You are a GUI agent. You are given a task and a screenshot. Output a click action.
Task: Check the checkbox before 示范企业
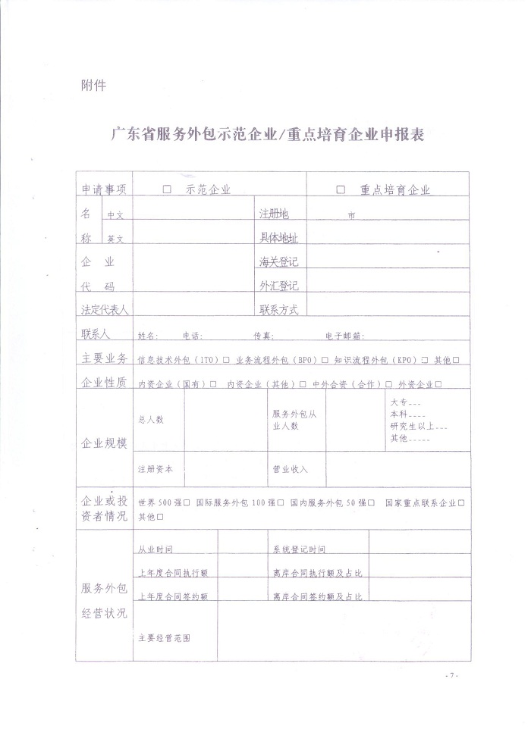pos(167,190)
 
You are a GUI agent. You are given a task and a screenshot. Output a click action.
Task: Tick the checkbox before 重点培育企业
pos(341,190)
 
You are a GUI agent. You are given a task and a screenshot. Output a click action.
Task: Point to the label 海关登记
pos(278,262)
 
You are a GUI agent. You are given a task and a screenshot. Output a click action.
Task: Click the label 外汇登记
pos(278,286)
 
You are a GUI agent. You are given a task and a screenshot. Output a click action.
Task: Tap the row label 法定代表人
pos(105,309)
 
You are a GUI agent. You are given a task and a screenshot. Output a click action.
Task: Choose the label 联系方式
pos(278,309)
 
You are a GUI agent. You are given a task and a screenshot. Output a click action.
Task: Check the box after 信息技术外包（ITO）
pos(226,360)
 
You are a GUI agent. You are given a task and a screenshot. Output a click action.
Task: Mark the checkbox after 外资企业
pos(439,384)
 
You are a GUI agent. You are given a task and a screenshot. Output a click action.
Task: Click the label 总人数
pos(151,420)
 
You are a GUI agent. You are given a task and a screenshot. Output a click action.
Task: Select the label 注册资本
pos(156,469)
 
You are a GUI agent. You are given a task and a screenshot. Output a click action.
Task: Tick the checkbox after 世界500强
pos(187,502)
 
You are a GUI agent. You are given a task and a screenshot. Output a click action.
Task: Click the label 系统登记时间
pos(299,549)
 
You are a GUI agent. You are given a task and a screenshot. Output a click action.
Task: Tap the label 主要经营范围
pos(164,638)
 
